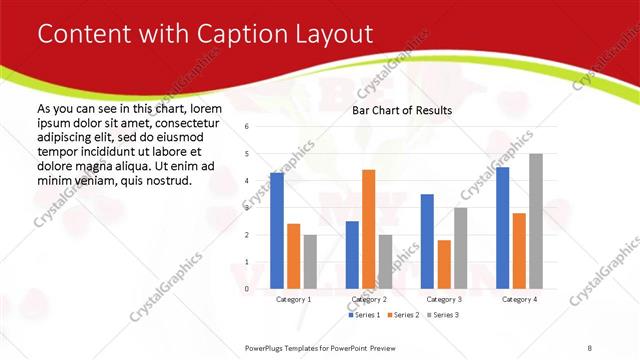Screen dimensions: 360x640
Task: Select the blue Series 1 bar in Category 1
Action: click(277, 231)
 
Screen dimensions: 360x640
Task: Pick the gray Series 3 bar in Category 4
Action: click(536, 221)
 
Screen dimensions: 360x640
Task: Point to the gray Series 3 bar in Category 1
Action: click(310, 261)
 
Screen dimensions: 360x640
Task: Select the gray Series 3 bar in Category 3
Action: click(461, 248)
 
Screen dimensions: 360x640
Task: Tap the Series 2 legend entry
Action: click(403, 315)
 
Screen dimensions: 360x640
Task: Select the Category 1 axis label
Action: click(293, 300)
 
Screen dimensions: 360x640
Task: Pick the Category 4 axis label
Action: click(519, 300)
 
